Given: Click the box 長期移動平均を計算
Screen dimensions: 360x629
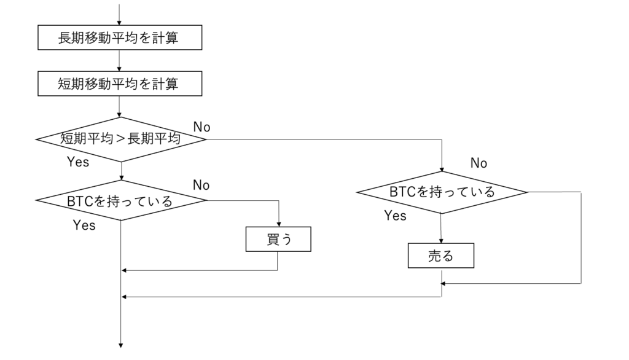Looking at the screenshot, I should (120, 38).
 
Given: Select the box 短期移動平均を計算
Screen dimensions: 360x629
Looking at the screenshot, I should (120, 84).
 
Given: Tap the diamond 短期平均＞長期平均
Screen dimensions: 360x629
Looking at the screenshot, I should (120, 139).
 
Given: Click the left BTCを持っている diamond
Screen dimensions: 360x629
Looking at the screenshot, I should (120, 200).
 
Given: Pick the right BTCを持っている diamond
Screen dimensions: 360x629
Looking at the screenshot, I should (442, 192).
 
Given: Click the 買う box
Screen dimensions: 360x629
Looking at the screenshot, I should (278, 240).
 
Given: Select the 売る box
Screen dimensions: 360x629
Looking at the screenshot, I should (441, 256).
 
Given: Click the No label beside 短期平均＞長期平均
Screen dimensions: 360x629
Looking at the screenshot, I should (202, 127).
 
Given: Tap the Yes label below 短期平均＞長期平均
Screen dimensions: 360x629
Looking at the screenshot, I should (77, 162).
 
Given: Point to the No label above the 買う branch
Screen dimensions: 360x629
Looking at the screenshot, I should (201, 185).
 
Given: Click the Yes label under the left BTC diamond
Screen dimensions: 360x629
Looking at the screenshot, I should (84, 225).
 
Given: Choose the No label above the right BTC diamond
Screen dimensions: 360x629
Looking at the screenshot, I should (479, 163).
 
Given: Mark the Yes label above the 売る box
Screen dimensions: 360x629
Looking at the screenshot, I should (395, 216).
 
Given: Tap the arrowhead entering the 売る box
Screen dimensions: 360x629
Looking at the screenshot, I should (441, 241).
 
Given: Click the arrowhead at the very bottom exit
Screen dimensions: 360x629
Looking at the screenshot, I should (120, 345).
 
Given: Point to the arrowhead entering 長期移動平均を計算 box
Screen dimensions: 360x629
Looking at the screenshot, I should (120, 23).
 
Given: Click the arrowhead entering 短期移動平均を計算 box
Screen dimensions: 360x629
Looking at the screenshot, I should (120, 69).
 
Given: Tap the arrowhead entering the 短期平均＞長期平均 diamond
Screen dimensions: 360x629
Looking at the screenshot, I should (120, 114).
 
